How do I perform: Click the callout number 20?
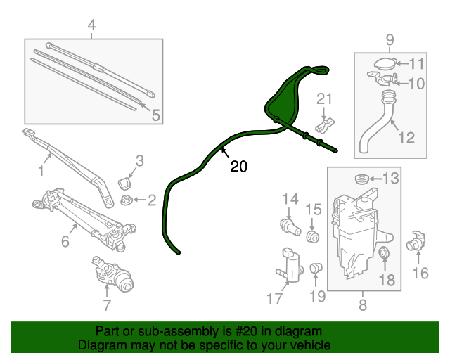[x=239, y=167]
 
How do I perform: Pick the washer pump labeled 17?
[x=288, y=263]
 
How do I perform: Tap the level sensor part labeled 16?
[x=417, y=241]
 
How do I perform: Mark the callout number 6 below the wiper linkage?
[x=65, y=242]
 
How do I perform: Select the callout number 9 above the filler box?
[x=390, y=39]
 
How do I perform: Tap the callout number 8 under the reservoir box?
[x=363, y=304]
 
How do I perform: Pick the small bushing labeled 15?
[x=314, y=235]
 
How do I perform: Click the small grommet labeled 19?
[x=316, y=267]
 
